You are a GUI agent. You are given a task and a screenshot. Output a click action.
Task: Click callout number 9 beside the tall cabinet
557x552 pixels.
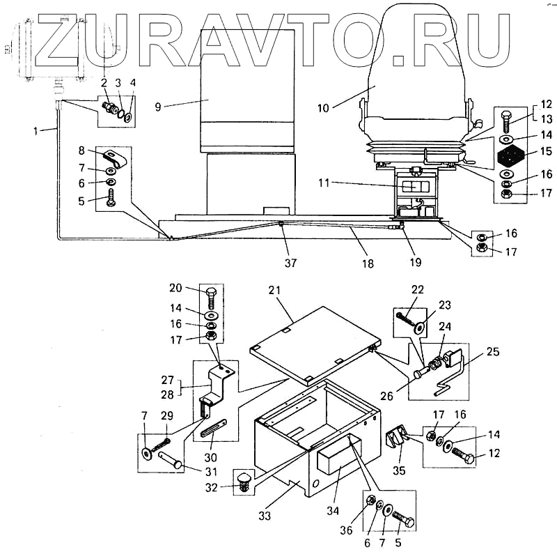158,107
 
